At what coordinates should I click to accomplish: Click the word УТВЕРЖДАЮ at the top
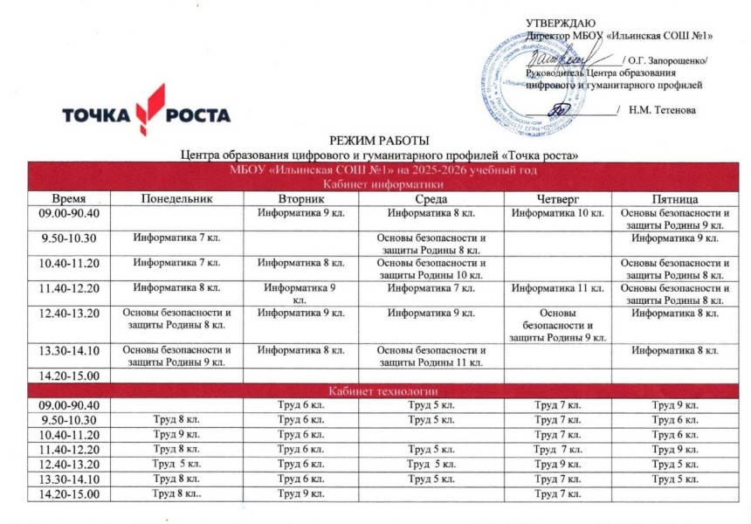(561, 23)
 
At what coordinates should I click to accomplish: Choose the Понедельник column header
(176, 198)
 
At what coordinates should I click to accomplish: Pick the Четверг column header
(558, 198)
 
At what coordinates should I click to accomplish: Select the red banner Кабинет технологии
(382, 390)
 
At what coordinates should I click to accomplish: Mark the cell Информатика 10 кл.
(558, 214)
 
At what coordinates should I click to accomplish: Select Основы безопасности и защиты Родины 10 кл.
(431, 268)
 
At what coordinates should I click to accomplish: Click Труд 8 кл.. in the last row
(176, 494)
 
